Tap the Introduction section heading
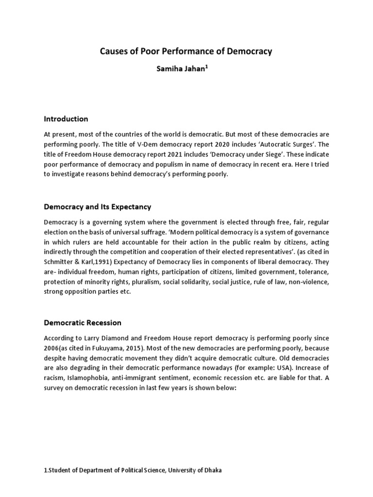coord(66,119)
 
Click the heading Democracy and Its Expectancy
coord(98,207)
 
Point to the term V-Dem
coord(149,145)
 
